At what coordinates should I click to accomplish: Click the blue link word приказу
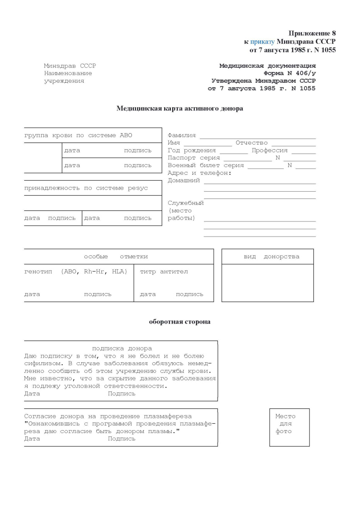262,42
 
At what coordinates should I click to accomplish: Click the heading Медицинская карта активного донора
180,109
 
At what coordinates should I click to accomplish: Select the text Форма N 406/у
289,73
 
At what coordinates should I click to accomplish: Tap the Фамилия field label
181,135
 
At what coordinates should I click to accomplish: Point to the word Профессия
269,151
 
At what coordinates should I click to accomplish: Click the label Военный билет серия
206,166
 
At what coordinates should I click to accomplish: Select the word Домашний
184,181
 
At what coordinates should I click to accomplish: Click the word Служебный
186,203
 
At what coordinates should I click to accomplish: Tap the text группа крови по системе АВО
78,135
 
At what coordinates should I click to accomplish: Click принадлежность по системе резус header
86,188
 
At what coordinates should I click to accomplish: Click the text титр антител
164,272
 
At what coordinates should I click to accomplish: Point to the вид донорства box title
271,257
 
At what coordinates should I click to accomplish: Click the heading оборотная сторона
180,322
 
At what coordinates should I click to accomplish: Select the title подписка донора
122,348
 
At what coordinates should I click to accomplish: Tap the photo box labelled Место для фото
289,427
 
